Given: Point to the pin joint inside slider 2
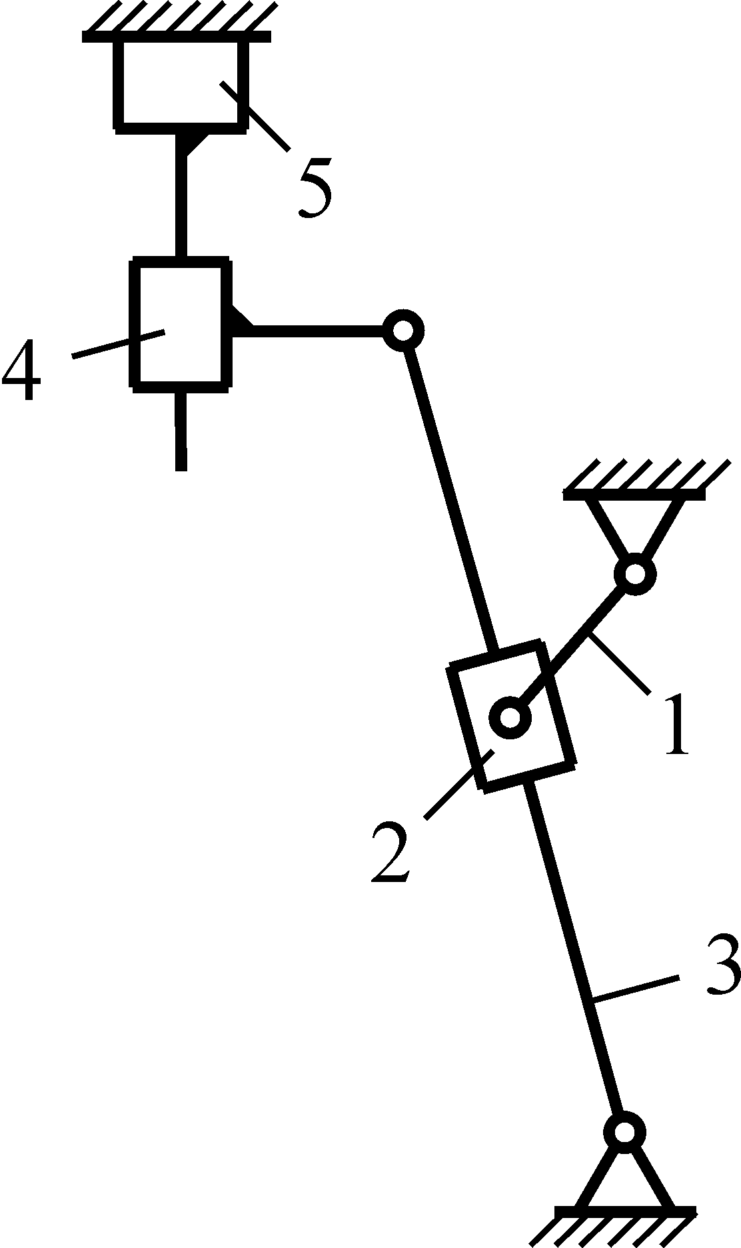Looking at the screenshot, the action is (510, 718).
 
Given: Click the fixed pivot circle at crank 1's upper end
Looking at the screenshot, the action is (636, 573).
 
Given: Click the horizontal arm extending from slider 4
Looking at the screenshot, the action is (313, 330).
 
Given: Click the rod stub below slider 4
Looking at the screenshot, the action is (180, 430).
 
